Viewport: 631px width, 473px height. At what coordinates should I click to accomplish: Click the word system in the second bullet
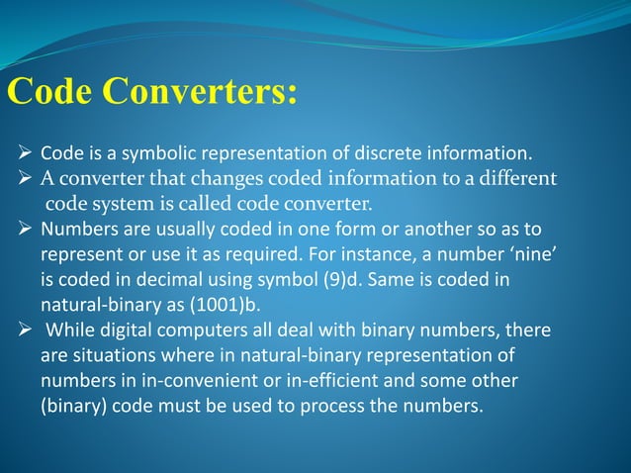tap(121, 205)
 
